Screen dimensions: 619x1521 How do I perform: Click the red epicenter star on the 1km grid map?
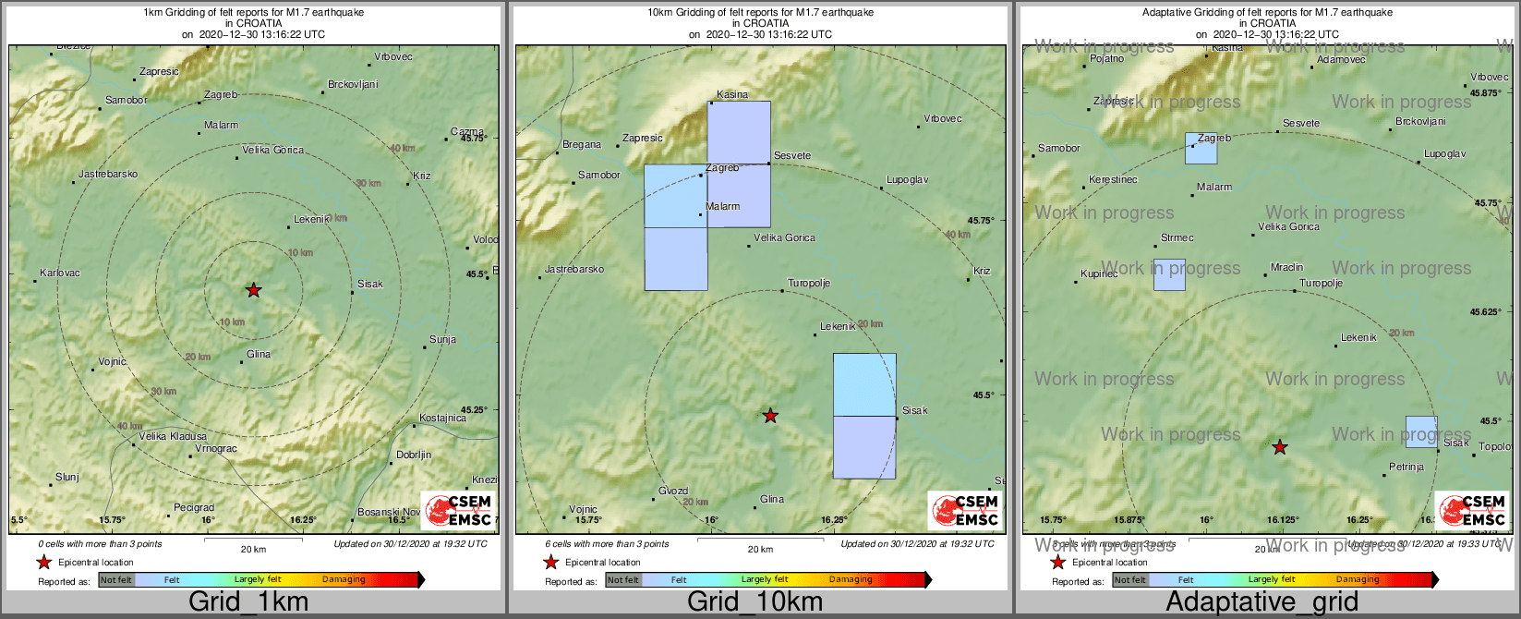(x=254, y=290)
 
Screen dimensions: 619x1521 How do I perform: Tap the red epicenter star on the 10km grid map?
(x=770, y=416)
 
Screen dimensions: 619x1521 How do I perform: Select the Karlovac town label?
(x=60, y=273)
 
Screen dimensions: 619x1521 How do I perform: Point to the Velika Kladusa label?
(x=173, y=436)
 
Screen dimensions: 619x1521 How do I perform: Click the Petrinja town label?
(x=1406, y=467)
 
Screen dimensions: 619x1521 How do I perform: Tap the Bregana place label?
(x=582, y=145)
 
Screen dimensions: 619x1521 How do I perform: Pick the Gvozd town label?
(x=673, y=492)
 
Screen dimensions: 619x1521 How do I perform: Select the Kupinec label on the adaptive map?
(x=1099, y=274)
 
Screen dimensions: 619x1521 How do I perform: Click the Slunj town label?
(x=67, y=478)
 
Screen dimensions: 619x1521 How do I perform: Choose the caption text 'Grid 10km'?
(x=754, y=602)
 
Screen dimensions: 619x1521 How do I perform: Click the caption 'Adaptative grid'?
(x=1261, y=602)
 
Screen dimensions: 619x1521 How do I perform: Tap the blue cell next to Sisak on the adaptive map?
(x=1421, y=431)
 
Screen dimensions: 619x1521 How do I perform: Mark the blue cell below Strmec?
(x=1169, y=275)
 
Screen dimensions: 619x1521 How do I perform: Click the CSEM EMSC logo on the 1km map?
(x=459, y=511)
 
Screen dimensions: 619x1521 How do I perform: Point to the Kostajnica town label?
(x=442, y=419)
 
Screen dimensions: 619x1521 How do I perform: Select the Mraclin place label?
(x=1286, y=268)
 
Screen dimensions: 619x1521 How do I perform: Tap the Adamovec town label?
(x=1341, y=60)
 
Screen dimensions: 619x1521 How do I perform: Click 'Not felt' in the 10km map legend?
(x=622, y=580)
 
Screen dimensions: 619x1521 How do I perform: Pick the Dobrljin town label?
(x=414, y=455)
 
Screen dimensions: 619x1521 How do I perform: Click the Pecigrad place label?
(x=194, y=508)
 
